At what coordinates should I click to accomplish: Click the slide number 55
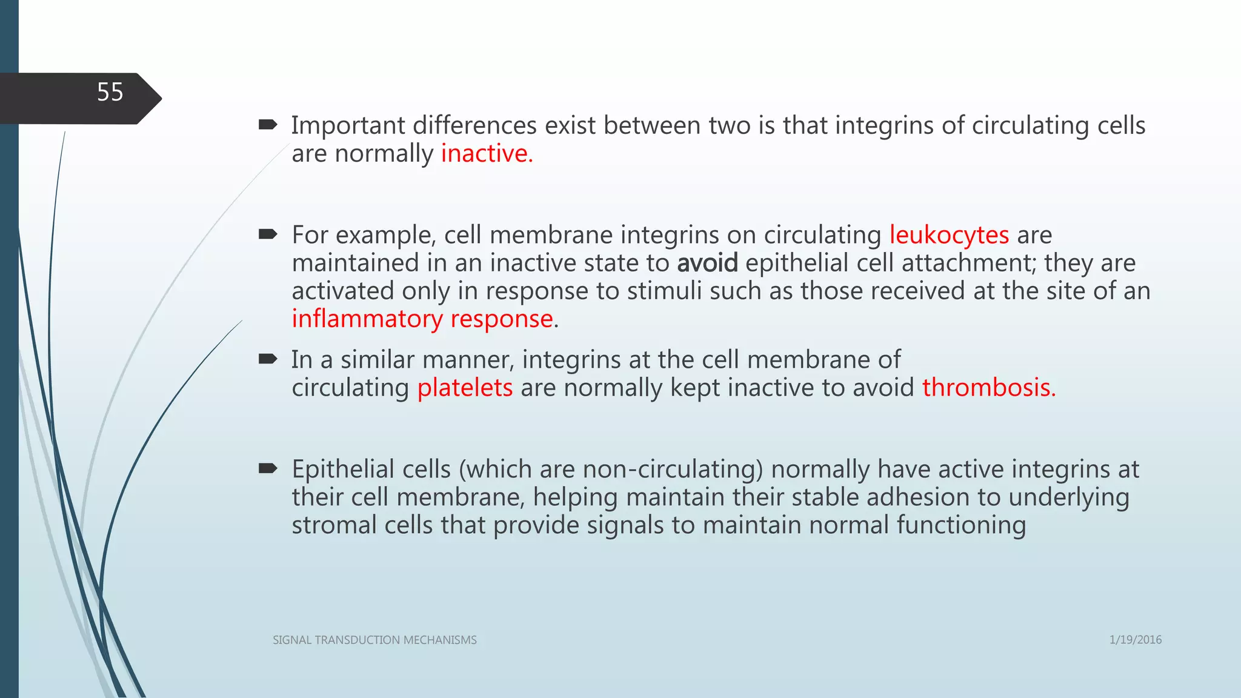[x=110, y=92]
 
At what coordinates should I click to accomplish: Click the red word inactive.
[x=486, y=153]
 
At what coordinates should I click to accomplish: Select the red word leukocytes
[x=949, y=234]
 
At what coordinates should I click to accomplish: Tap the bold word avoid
[x=707, y=263]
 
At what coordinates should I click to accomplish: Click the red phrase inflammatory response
[x=422, y=319]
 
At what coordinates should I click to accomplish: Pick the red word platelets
[x=465, y=388]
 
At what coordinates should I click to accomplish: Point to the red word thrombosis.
[x=988, y=388]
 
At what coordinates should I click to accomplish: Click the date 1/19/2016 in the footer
[x=1135, y=640]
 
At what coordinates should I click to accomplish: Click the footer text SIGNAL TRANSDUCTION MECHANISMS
[x=374, y=640]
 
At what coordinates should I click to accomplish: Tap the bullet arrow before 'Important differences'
[x=267, y=125]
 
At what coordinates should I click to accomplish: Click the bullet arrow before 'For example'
[x=267, y=234]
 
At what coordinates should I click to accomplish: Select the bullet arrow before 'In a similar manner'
[x=267, y=359]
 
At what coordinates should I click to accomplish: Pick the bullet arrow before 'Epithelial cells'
[x=267, y=468]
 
